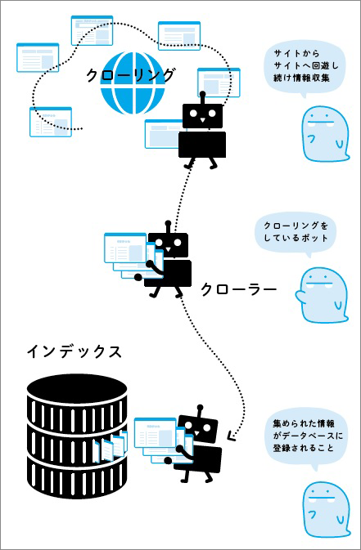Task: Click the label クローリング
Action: (x=131, y=76)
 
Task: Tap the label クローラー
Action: (x=238, y=289)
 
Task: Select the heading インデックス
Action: (x=74, y=352)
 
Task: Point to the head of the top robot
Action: (x=202, y=114)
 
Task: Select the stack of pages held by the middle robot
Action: (x=129, y=253)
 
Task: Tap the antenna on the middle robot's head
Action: (x=169, y=225)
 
